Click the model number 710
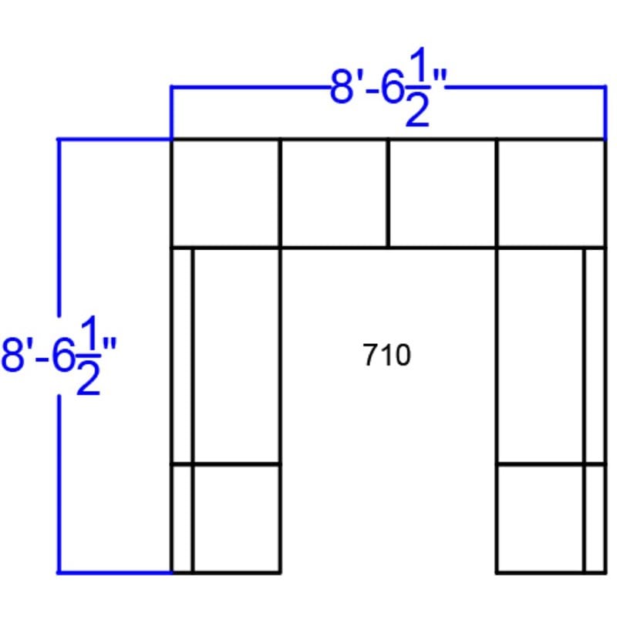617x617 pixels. (x=386, y=355)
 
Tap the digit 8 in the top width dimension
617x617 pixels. (x=341, y=87)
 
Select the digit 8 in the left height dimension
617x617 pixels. (x=12, y=355)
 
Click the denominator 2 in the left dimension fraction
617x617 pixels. (x=88, y=377)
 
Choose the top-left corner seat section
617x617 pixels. (x=226, y=194)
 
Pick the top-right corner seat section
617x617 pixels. (x=551, y=194)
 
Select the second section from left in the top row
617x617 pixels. (x=334, y=194)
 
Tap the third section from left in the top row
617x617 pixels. (x=443, y=194)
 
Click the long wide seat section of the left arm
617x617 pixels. (x=237, y=356)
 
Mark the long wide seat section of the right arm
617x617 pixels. (x=541, y=356)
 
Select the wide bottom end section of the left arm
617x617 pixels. (x=237, y=518)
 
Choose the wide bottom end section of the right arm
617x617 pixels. (x=541, y=518)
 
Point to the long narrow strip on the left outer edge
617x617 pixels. (x=182, y=356)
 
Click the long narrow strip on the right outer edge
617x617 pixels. (x=595, y=356)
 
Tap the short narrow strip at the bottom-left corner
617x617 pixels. (x=182, y=518)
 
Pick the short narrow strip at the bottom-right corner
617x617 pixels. (x=595, y=518)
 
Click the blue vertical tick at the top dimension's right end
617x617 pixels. (x=605, y=113)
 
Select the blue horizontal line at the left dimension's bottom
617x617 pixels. (x=115, y=572)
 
